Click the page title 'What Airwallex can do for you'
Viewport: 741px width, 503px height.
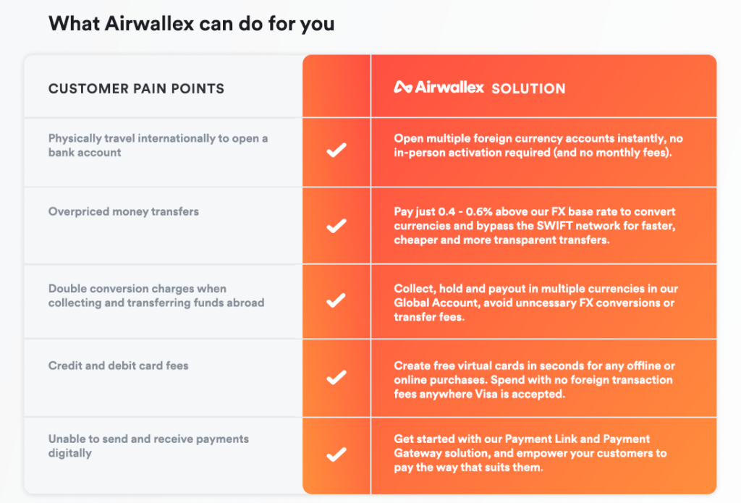pyautogui.click(x=191, y=24)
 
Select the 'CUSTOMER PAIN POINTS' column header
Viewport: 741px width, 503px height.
pyautogui.click(x=136, y=88)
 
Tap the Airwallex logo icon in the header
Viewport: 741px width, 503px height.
pyautogui.click(x=403, y=87)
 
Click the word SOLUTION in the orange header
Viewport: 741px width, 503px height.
pyautogui.click(x=528, y=88)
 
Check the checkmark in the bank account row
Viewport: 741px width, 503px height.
pyautogui.click(x=336, y=150)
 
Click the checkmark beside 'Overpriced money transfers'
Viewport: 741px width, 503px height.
pyautogui.click(x=336, y=226)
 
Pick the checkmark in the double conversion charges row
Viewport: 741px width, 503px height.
pyautogui.click(x=336, y=300)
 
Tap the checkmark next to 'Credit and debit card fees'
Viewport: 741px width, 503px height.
pyautogui.click(x=336, y=377)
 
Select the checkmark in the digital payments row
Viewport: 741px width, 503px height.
pyautogui.click(x=336, y=455)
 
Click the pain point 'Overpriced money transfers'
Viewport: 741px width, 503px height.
pyautogui.click(x=123, y=211)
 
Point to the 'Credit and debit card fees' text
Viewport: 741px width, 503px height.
pyautogui.click(x=118, y=365)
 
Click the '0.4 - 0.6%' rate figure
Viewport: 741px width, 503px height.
pyautogui.click(x=465, y=211)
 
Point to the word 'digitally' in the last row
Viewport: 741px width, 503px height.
pyautogui.click(x=70, y=453)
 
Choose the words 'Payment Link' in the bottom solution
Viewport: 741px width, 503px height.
pyautogui.click(x=541, y=439)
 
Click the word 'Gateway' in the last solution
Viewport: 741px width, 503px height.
pyautogui.click(x=415, y=453)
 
